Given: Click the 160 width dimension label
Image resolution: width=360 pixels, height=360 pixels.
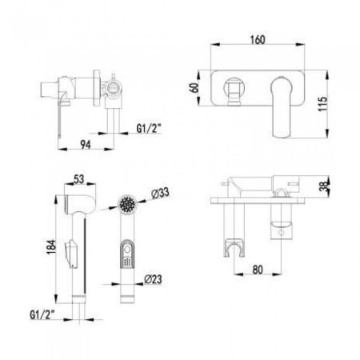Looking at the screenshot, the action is point(258,39).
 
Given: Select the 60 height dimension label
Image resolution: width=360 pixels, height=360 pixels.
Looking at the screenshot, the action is point(194,88).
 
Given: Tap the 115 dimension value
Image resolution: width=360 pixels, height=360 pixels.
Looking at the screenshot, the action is point(322,104).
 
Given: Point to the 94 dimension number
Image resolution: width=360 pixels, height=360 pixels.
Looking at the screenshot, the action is point(86,144).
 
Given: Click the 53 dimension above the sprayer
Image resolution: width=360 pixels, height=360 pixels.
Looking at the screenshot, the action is point(78,179).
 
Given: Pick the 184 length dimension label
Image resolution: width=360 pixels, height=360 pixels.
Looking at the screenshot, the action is point(51,247).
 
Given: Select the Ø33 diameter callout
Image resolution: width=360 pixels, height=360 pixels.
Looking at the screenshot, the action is point(160,193).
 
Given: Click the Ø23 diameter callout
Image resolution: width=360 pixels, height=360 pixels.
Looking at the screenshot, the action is point(153,279).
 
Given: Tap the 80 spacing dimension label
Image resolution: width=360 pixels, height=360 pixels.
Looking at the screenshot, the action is point(258,270).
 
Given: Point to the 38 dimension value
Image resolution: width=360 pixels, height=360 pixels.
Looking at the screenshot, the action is point(323,186).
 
